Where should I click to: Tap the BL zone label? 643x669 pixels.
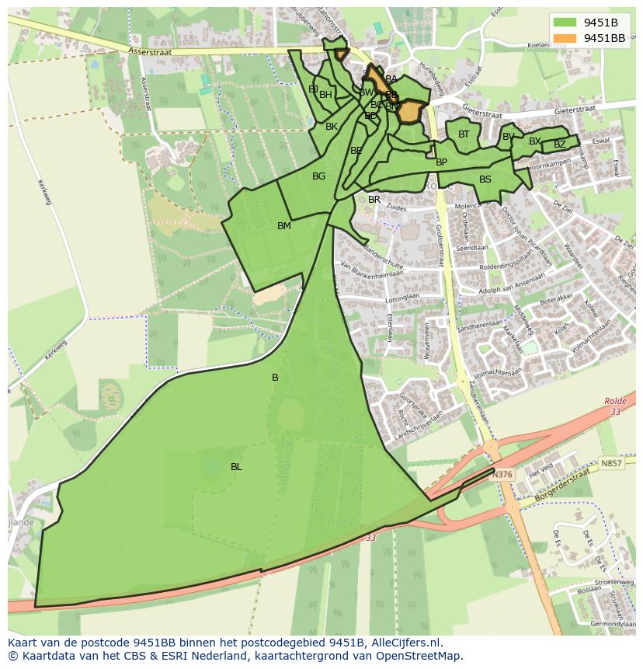[236, 467]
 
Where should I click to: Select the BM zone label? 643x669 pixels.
[284, 226]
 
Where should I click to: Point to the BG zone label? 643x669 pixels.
[318, 176]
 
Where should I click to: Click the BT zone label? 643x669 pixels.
[464, 134]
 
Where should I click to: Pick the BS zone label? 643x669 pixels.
[485, 179]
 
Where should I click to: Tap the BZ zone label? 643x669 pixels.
[559, 145]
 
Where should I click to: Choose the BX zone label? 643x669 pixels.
[534, 141]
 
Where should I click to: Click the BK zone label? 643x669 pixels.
[332, 127]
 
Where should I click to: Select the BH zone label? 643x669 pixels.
[325, 95]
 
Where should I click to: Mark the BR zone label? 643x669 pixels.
[374, 200]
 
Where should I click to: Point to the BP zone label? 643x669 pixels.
[441, 162]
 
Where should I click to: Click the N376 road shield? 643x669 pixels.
[502, 474]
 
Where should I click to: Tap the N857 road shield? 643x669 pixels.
[611, 463]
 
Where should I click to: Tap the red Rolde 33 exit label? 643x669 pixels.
[615, 406]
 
